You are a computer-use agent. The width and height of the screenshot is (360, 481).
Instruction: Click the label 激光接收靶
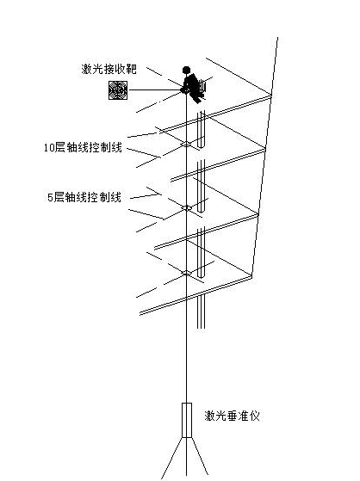(x=109, y=69)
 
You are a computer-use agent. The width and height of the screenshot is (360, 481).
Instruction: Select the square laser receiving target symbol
(x=118, y=90)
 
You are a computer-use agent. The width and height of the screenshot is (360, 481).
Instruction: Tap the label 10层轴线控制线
(x=83, y=147)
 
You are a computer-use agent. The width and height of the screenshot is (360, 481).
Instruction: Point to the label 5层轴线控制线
(x=84, y=197)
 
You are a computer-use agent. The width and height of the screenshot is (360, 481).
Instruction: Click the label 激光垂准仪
(x=233, y=416)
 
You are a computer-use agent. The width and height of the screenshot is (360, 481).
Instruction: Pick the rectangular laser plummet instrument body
(x=187, y=420)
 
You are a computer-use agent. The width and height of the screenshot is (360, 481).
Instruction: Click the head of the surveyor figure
(x=185, y=70)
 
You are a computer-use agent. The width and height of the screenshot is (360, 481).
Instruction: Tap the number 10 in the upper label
(x=47, y=148)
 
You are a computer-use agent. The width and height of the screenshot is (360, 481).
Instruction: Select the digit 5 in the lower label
(x=50, y=197)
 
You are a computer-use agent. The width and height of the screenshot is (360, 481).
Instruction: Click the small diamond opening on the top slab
(x=186, y=145)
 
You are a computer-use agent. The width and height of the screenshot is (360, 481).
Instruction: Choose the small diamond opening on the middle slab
(x=186, y=208)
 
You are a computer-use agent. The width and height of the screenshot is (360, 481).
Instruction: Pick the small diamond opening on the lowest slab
(x=186, y=273)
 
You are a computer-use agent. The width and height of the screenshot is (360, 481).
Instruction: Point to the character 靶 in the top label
(x=132, y=69)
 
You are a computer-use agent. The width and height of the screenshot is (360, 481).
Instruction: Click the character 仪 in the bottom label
(x=255, y=416)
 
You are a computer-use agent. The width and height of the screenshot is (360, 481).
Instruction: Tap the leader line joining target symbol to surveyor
(x=155, y=90)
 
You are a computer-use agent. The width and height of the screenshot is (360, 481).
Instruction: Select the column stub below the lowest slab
(x=201, y=311)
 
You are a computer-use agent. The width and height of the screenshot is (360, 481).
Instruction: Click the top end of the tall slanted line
(x=277, y=38)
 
